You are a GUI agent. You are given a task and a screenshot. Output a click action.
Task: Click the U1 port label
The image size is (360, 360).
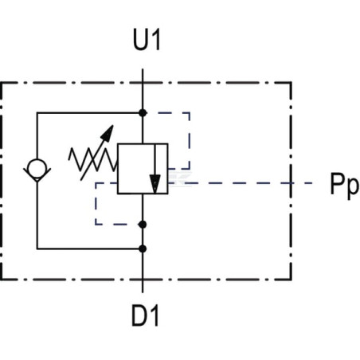coord(147,41)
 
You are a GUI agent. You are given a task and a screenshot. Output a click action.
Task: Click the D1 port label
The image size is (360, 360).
coord(145,315)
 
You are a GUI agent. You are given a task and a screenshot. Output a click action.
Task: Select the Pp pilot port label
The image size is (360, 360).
coord(344,185)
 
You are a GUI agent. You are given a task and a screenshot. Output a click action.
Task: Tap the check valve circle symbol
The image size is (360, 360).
coord(37,169)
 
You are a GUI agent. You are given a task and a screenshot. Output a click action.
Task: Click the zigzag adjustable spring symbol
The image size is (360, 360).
coord(93,158)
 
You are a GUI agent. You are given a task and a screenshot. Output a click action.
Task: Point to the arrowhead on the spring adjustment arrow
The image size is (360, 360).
coord(108,132)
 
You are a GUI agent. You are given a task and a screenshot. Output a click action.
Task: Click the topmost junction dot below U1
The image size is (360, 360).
coord(143,113)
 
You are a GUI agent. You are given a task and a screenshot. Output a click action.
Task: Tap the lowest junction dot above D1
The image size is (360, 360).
coord(143,249)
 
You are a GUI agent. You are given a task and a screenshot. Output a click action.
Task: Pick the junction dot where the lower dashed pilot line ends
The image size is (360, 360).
coord(143,225)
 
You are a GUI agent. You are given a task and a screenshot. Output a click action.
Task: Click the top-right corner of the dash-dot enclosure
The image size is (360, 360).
coord(292,83)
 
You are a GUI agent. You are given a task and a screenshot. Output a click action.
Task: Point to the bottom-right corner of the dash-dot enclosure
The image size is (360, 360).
coord(292,280)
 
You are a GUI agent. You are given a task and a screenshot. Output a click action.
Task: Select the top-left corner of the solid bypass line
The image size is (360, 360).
coord(37,113)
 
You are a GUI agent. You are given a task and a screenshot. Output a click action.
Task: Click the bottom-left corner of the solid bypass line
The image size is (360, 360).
coord(37,249)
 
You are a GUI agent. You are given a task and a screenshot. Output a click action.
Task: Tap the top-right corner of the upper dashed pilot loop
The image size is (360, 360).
coord(190,113)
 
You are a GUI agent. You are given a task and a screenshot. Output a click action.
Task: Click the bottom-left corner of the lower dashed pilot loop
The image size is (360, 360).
coord(96,225)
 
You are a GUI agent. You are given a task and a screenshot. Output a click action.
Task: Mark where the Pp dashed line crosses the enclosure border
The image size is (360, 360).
coord(292,183)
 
